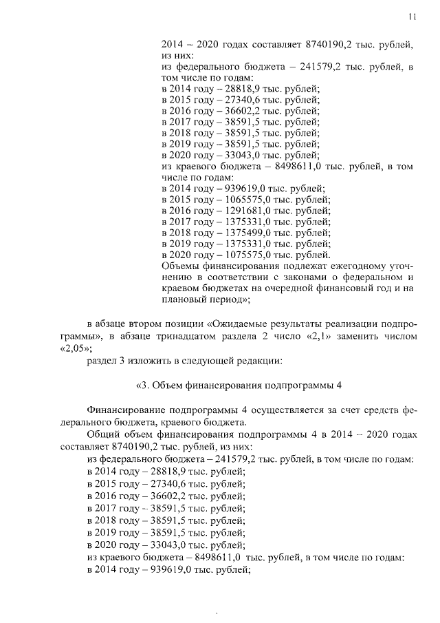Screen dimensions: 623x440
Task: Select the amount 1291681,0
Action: [245, 211]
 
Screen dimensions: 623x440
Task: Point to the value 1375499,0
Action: [245, 233]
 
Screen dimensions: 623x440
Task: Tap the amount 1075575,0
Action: [245, 255]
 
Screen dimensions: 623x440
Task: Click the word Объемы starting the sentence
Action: [181, 266]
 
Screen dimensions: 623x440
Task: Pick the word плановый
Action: [184, 299]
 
